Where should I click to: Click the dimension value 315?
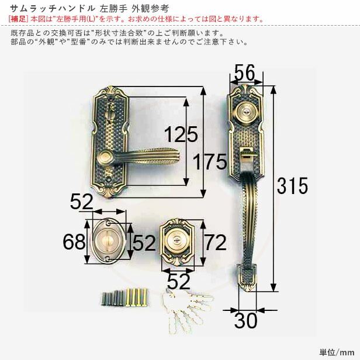(292, 186)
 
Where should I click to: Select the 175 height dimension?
(209, 161)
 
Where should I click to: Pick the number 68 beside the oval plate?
(74, 241)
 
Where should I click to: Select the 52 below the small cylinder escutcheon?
(178, 282)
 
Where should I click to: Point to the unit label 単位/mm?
(336, 352)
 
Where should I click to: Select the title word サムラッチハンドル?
(46, 8)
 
